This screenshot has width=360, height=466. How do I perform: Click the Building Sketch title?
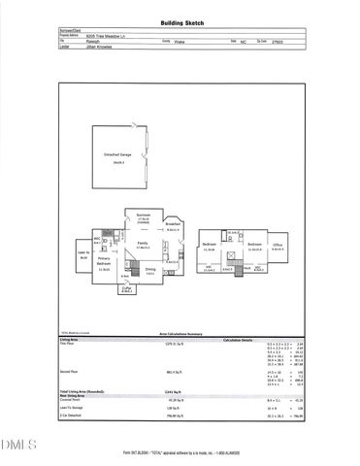(x=180, y=22)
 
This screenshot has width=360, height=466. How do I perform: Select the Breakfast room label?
(x=174, y=223)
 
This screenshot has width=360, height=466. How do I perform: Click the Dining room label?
(x=150, y=271)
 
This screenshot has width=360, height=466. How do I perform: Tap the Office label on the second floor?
(x=278, y=247)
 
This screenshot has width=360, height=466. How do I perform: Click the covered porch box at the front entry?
(x=127, y=289)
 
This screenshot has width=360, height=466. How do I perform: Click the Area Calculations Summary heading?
(x=180, y=332)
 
